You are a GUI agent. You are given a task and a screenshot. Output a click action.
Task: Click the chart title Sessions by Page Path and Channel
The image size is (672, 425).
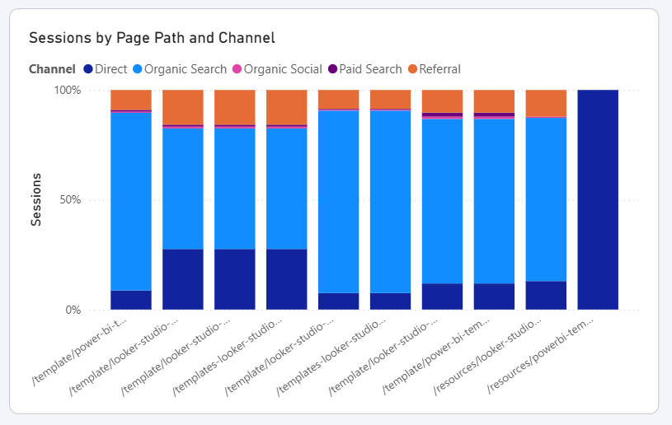point(152,38)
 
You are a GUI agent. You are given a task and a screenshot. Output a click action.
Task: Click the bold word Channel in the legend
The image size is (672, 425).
point(52,69)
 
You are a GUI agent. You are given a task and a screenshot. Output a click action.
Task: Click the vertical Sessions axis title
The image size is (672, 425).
point(37,200)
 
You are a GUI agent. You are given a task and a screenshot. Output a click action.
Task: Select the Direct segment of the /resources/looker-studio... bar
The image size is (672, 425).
point(546,296)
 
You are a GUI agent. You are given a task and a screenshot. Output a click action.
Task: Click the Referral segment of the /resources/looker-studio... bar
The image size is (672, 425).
point(546,103)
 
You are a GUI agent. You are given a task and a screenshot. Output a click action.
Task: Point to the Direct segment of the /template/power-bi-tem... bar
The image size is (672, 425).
point(494,297)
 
